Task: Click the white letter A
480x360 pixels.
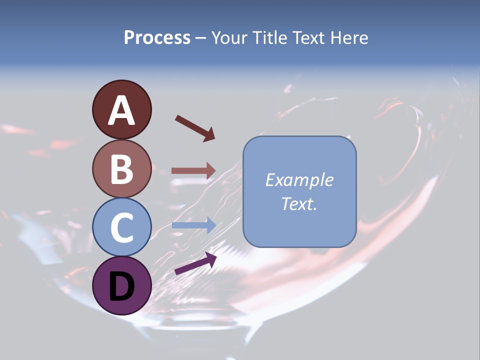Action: point(121,111)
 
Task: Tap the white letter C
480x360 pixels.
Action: point(121,227)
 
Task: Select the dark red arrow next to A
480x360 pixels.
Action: point(195,128)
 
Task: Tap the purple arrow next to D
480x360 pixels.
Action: point(195,263)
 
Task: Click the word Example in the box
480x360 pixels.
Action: point(299,180)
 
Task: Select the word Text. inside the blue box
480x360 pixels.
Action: point(299,203)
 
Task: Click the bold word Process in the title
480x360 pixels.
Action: point(157,37)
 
